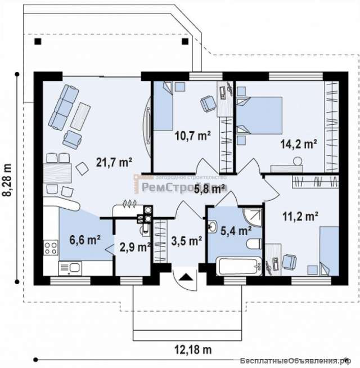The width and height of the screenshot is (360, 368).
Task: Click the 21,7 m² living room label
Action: pyautogui.click(x=115, y=163)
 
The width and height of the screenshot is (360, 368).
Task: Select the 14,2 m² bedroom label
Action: pyautogui.click(x=298, y=143)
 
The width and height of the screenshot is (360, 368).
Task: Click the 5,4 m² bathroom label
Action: pyautogui.click(x=236, y=230)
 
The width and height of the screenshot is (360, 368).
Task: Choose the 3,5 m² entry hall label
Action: pyautogui.click(x=186, y=242)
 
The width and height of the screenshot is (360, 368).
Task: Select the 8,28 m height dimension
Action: pyautogui.click(x=7, y=179)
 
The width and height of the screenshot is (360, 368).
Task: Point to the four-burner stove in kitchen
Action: pyautogui.click(x=50, y=248)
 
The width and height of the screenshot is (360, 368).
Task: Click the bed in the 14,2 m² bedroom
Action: pyautogui.click(x=259, y=115)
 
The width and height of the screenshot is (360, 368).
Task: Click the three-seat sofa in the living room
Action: pyautogui.click(x=62, y=105)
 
